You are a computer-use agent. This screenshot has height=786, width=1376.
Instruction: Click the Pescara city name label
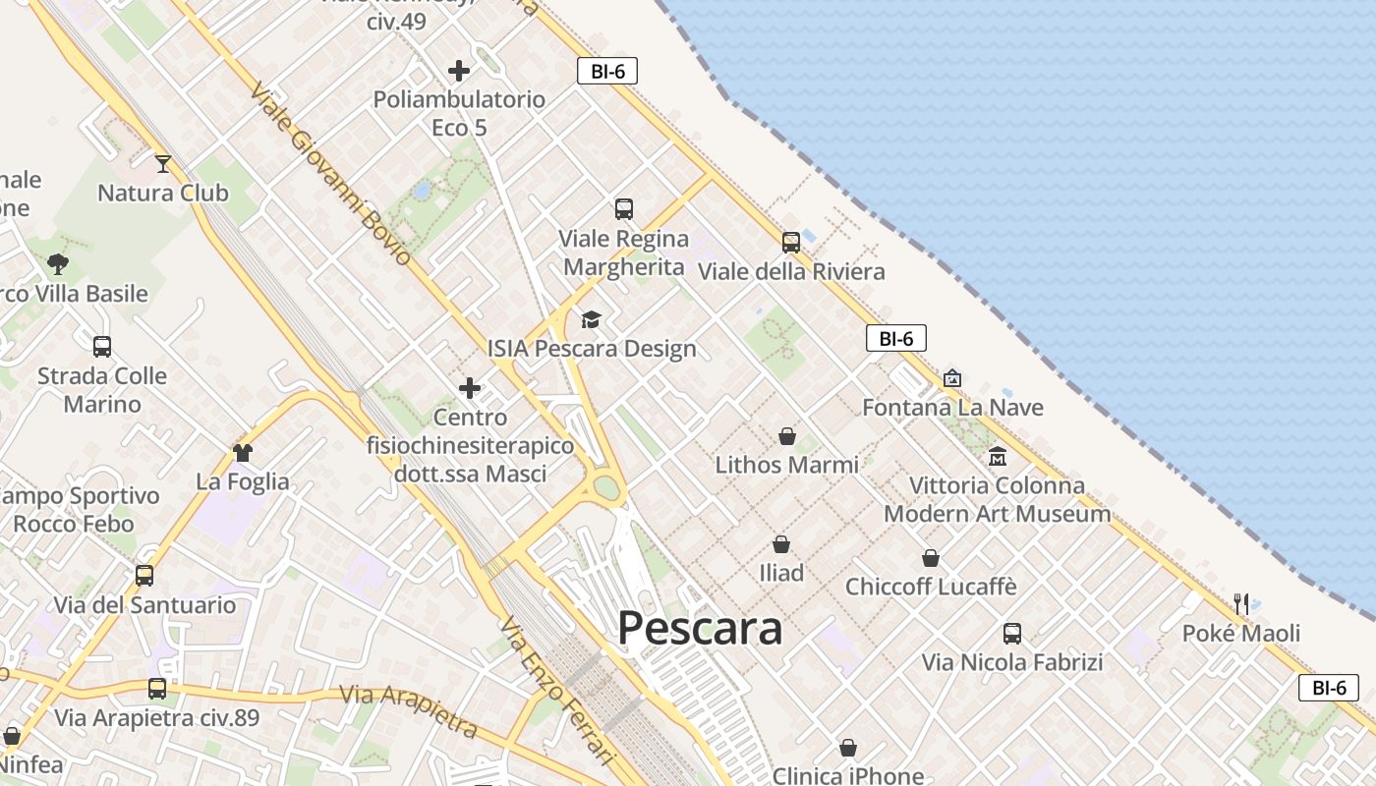(x=700, y=629)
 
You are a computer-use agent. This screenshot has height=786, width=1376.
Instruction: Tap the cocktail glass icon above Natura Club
(x=163, y=163)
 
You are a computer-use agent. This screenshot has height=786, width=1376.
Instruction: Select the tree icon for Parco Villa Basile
(x=58, y=263)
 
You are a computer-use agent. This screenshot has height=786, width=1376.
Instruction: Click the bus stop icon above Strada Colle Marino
(x=102, y=346)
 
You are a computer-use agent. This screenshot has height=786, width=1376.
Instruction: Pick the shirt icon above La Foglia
(x=243, y=452)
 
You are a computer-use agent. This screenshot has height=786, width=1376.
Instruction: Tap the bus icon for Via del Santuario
(x=144, y=575)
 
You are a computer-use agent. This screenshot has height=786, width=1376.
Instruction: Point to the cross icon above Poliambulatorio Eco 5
(x=459, y=71)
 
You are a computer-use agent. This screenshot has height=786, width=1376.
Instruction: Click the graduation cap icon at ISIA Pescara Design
(x=591, y=319)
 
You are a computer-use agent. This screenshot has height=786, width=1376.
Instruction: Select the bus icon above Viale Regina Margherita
(x=624, y=208)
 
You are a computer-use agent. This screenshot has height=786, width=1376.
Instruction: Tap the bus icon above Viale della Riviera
(x=791, y=242)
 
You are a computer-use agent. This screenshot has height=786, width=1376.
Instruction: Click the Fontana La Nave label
(x=952, y=407)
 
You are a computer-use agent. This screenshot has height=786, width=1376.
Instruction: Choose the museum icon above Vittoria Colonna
(x=998, y=456)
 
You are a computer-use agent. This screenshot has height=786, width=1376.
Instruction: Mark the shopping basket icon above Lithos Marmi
(x=787, y=435)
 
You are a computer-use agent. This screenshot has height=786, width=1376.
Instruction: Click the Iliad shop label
(x=781, y=573)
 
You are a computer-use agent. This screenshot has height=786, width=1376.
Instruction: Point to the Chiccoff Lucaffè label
(x=931, y=587)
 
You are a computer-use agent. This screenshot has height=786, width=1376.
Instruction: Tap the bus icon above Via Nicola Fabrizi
(x=1012, y=633)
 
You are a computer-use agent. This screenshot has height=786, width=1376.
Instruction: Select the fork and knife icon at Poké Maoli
(x=1241, y=603)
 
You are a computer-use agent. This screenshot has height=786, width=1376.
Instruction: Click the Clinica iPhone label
(x=847, y=775)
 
